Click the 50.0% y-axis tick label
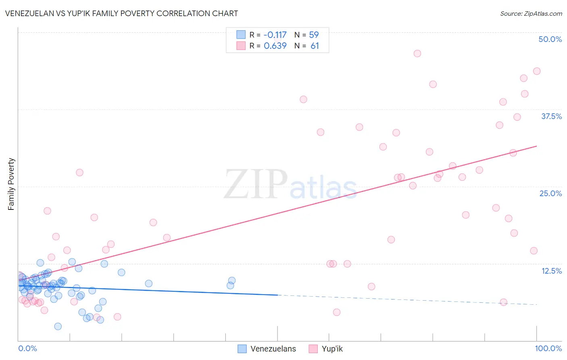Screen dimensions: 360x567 550,39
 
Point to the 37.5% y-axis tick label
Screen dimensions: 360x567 551,116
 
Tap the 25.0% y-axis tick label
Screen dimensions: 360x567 550,193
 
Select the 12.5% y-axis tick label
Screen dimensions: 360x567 551,271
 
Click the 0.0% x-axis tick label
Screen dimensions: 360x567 27,348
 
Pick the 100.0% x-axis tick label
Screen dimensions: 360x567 548,348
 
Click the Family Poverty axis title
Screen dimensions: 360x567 11,184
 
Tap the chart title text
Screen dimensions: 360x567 121,13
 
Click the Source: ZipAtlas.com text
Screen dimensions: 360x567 531,13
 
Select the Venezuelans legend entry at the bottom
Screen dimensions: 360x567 273,349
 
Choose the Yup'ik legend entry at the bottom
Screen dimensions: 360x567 332,349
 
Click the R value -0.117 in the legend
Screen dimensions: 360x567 275,35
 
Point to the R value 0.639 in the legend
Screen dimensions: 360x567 275,46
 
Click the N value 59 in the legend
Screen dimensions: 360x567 314,35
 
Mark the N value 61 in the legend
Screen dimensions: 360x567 315,46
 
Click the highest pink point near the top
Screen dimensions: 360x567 417,54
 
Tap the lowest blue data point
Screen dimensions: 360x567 58,326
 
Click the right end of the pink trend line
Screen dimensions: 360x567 536,146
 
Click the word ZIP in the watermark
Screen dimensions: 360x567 256,184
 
